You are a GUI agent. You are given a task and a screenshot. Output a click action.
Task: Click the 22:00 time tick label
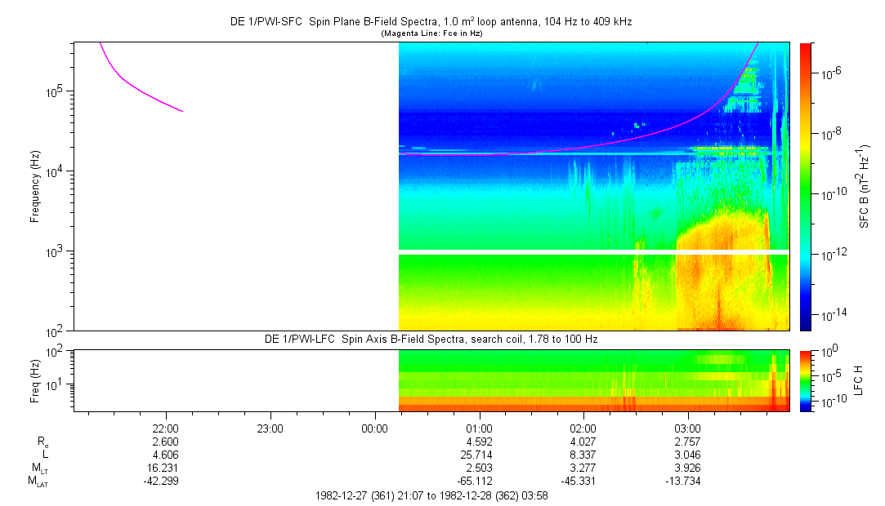click(165, 428)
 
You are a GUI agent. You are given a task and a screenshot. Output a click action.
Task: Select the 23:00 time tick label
click(270, 428)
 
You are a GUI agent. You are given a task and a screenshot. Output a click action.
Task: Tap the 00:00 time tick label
click(374, 428)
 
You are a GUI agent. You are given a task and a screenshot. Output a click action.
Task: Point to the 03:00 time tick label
click(687, 428)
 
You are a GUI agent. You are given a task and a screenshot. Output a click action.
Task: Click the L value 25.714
click(479, 455)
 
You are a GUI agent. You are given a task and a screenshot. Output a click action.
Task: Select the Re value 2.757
click(687, 442)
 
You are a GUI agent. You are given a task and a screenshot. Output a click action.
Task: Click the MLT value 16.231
click(165, 468)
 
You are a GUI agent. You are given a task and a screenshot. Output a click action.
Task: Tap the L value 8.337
click(583, 455)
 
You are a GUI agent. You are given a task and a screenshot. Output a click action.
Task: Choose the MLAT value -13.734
click(685, 481)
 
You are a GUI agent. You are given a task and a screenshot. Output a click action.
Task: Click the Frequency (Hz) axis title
click(35, 187)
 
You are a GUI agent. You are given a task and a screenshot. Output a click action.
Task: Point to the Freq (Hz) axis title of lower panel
click(35, 381)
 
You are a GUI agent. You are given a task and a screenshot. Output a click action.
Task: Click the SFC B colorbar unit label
click(864, 187)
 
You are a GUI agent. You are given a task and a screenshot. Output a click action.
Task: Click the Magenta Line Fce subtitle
click(431, 33)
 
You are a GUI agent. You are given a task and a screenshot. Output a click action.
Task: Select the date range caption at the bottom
click(431, 496)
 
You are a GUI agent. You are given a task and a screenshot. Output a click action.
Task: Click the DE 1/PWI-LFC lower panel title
click(431, 340)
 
